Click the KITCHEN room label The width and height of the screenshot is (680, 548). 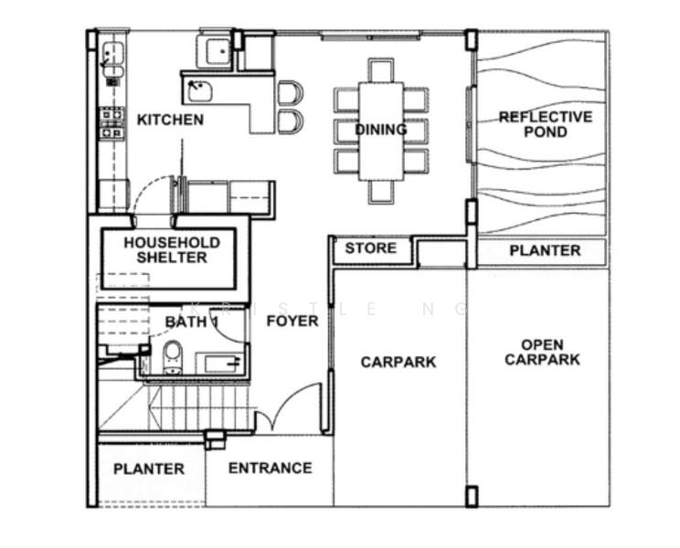point(170,120)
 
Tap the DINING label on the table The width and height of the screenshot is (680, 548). point(381,130)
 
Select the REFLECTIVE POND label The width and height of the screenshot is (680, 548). point(545,124)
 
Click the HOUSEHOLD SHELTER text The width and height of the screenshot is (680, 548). point(172,250)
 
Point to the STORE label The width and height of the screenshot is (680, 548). point(371,248)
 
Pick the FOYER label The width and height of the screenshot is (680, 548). point(292,321)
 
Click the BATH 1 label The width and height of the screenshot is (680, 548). point(192,322)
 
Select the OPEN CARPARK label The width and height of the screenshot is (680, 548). point(542,353)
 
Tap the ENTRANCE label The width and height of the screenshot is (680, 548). point(270,469)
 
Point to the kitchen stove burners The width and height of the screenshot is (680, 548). point(112,123)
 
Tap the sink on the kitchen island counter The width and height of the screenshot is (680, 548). point(198,90)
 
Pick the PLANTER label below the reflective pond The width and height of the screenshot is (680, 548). point(545,250)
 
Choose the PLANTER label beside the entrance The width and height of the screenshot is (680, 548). point(149,469)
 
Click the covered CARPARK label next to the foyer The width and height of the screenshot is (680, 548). point(398,363)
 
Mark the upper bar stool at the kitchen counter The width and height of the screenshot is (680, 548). point(289,92)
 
